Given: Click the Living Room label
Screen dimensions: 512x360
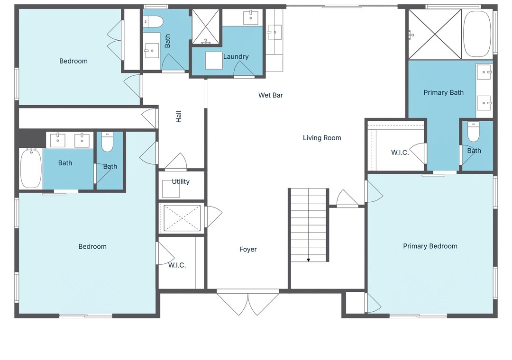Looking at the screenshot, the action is tap(322, 138).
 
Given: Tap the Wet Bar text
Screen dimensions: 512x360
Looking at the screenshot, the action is tap(271, 95).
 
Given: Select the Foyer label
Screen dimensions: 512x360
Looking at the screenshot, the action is tap(248, 249).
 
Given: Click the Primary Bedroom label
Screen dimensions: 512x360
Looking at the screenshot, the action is tap(430, 246).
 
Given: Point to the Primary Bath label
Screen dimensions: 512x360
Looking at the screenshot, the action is tap(443, 92).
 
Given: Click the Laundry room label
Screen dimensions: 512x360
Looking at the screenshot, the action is tap(236, 56).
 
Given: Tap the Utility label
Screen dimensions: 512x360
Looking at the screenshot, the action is tap(181, 181).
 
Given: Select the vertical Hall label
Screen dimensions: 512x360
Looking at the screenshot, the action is tap(179, 117).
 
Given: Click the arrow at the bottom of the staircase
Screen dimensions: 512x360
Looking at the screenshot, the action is tap(308, 260).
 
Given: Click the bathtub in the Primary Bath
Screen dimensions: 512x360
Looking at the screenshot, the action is tap(477, 34).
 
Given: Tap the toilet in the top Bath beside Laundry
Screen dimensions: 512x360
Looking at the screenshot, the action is tap(153, 22).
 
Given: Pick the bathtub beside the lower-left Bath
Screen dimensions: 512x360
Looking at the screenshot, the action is tap(31, 169).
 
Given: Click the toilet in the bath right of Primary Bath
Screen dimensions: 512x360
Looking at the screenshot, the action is tap(474, 132).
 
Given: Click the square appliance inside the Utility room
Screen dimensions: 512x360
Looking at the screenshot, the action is tap(171, 189).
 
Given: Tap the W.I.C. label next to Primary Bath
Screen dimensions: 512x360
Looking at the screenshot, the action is tap(400, 153).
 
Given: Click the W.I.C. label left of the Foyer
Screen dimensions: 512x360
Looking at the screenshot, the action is tap(177, 265).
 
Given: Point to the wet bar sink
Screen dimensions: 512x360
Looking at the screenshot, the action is tap(274, 32).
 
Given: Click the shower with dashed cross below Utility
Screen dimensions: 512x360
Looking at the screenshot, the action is tap(182, 218).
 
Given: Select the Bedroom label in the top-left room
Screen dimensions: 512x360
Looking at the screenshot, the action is tap(73, 61).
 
